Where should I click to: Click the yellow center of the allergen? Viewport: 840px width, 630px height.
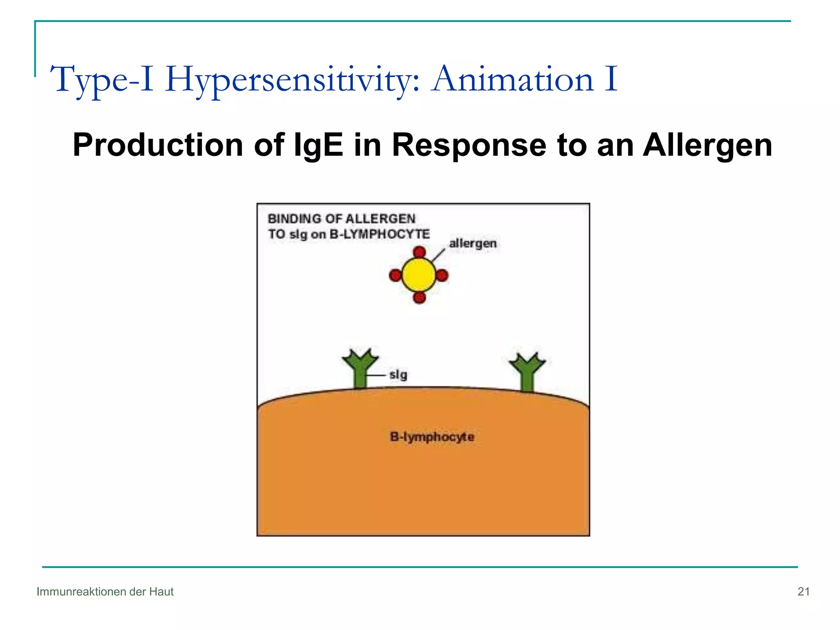pyautogui.click(x=419, y=275)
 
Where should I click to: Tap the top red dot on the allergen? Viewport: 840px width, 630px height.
pyautogui.click(x=419, y=252)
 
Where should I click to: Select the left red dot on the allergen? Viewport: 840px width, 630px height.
pyautogui.click(x=395, y=275)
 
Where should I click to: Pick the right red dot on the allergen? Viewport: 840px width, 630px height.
pyautogui.click(x=442, y=275)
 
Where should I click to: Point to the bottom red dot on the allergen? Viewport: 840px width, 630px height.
pyautogui.click(x=419, y=297)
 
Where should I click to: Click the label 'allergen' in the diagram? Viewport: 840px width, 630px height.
pyautogui.click(x=472, y=243)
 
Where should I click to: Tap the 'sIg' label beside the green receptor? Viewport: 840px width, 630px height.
pyautogui.click(x=398, y=374)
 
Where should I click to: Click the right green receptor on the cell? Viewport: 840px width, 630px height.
pyautogui.click(x=527, y=372)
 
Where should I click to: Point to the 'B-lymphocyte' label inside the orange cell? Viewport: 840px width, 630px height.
pyautogui.click(x=432, y=437)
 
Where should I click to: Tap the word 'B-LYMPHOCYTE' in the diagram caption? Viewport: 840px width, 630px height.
pyautogui.click(x=380, y=234)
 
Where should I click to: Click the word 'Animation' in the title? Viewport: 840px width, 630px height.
pyautogui.click(x=513, y=79)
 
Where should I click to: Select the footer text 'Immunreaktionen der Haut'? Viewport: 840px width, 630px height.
pyautogui.click(x=105, y=591)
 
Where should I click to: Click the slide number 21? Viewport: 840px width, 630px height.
pyautogui.click(x=803, y=591)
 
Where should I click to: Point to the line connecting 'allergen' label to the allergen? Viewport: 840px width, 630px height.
pyautogui.click(x=438, y=255)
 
